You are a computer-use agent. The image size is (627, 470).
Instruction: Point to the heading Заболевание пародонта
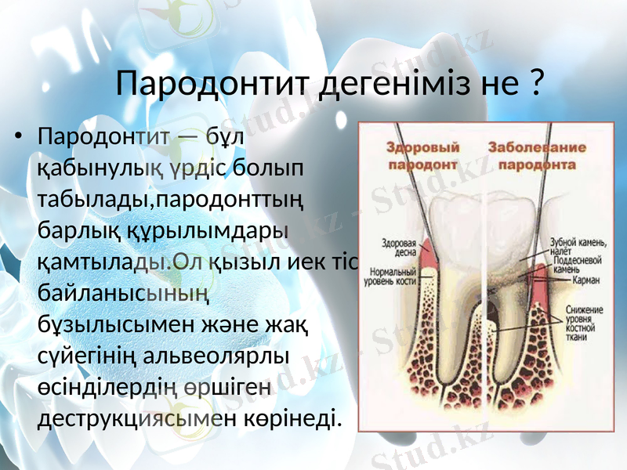(537, 155)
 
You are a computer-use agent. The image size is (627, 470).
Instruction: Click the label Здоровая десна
(399, 247)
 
